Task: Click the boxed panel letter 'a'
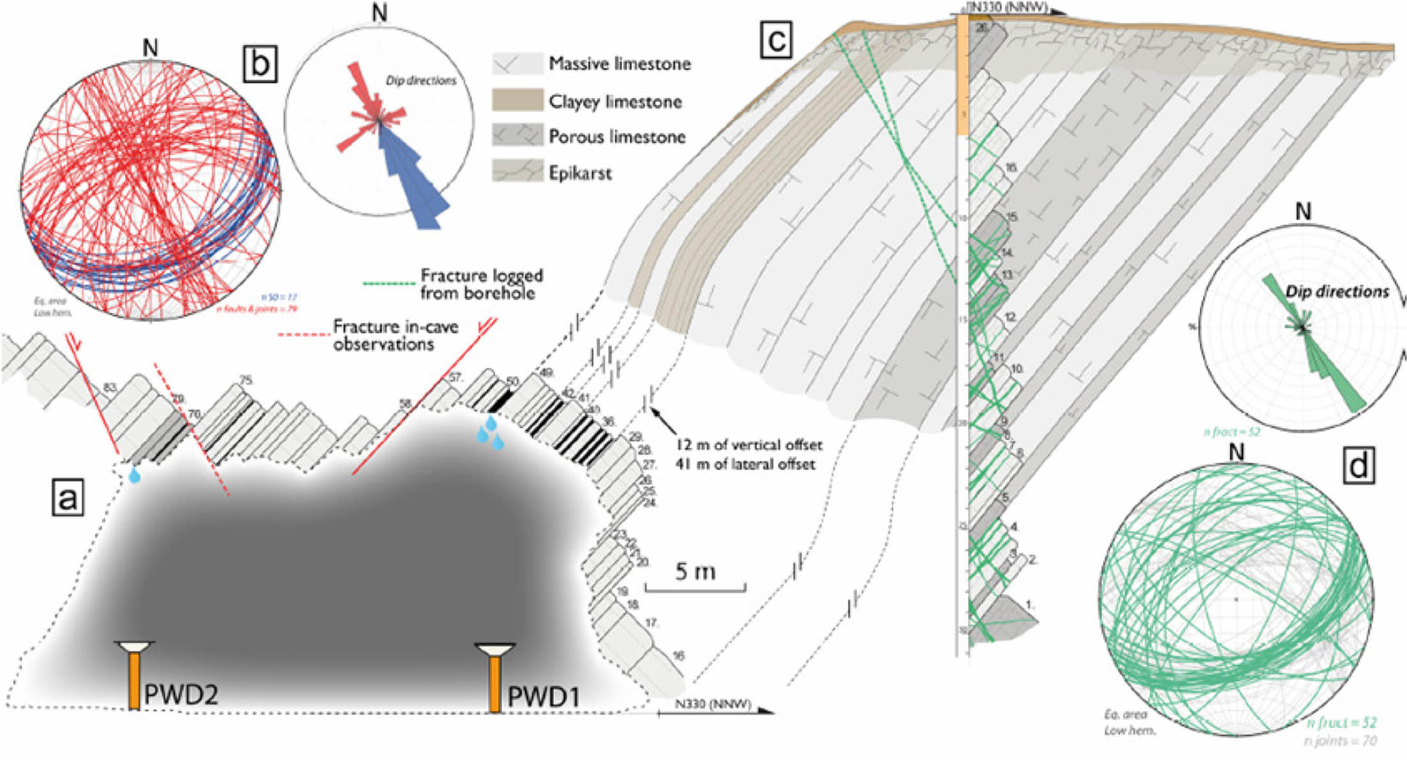click(x=67, y=498)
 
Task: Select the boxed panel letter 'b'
click(x=260, y=64)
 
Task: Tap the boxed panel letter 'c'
click(x=776, y=40)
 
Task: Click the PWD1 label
click(x=544, y=696)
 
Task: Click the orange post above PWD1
click(x=495, y=683)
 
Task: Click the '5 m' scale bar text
click(x=695, y=571)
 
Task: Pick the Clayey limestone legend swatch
click(x=517, y=101)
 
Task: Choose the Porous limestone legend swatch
click(x=517, y=136)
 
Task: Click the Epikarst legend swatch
click(x=517, y=172)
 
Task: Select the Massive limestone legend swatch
click(x=517, y=64)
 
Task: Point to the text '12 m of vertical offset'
click(x=748, y=445)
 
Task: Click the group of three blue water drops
click(x=489, y=432)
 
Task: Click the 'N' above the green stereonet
click(x=1237, y=452)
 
